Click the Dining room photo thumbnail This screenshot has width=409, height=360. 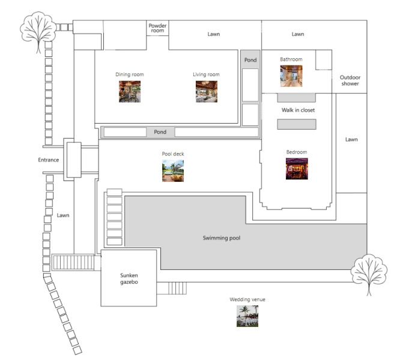(129, 92)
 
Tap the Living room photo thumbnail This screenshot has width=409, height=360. (206, 92)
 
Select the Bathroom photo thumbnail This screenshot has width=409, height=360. (291, 76)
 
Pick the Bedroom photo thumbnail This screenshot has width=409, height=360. (297, 169)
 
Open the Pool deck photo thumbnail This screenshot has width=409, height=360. (172, 171)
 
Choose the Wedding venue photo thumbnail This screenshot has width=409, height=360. (247, 316)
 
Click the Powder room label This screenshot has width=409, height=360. (158, 28)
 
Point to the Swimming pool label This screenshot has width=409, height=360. (221, 238)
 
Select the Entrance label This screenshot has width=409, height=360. (48, 160)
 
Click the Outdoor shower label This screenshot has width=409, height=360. (350, 80)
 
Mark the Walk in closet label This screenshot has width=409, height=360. (298, 110)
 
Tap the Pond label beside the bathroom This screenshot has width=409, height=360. (250, 61)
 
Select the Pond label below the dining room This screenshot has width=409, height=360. (160, 132)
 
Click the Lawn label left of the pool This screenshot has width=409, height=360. (64, 215)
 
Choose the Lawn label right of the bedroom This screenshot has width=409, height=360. (351, 139)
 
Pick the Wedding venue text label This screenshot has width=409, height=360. (247, 299)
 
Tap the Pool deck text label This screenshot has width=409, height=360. (172, 154)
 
